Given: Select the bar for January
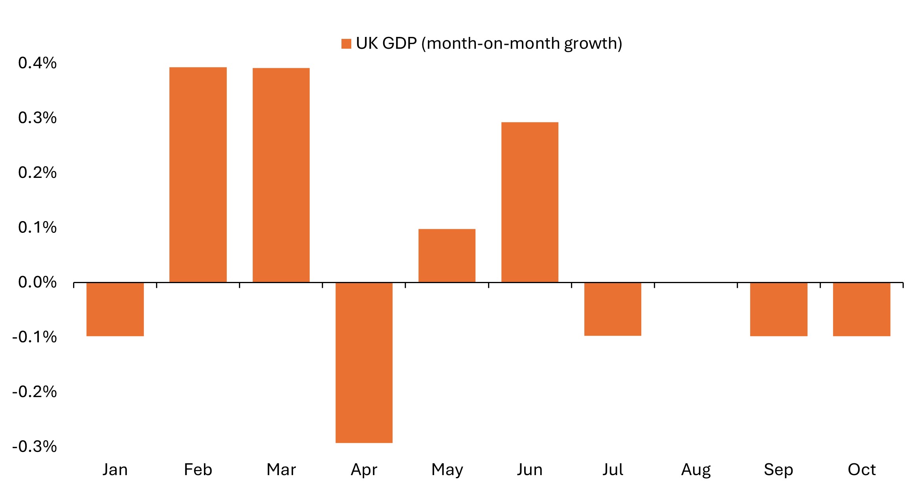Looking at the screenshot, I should click(115, 309).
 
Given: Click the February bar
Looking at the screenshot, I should click(198, 175).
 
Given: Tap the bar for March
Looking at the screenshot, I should click(281, 175).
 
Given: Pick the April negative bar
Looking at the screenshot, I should click(364, 362).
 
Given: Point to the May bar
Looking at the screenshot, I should click(447, 256).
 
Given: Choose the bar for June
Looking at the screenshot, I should click(530, 202).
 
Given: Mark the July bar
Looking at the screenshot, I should click(613, 309).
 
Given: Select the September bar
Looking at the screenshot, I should click(778, 309).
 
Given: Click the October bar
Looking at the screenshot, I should click(861, 309).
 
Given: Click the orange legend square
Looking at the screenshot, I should click(346, 44).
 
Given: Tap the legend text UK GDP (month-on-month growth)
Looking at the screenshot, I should click(489, 43).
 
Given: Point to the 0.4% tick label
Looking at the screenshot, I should click(37, 63).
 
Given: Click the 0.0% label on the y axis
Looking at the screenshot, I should click(37, 282).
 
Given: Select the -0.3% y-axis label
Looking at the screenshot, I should click(35, 446).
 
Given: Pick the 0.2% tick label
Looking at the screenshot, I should click(37, 172).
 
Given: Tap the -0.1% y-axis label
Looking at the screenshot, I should click(35, 337).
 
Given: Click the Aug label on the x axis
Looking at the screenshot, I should click(696, 470).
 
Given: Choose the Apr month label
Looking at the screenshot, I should click(364, 470).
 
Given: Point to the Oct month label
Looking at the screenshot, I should click(862, 470).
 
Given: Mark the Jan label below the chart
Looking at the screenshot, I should click(115, 470).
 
